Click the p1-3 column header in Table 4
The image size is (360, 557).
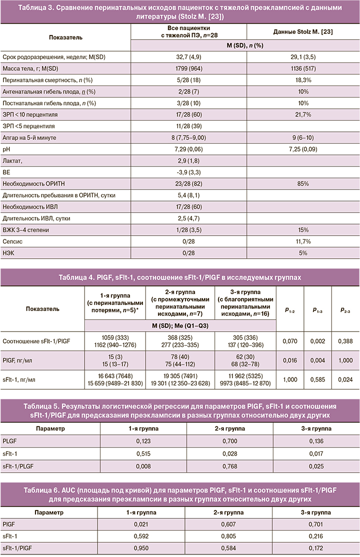click(x=318, y=309)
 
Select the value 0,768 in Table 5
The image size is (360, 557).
click(x=228, y=466)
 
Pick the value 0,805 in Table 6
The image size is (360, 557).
click(x=228, y=536)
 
